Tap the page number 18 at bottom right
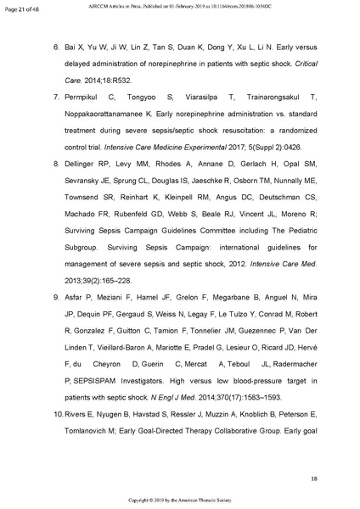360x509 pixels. (314, 479)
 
